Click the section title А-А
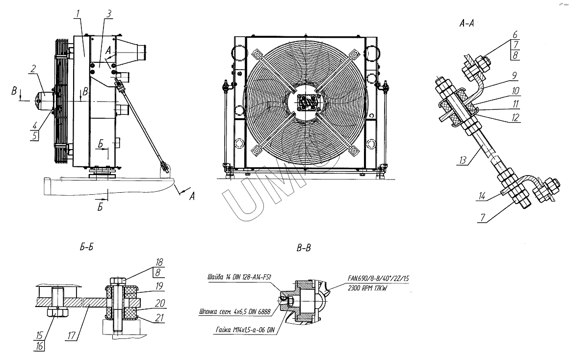[x=466, y=24]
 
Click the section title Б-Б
[x=86, y=248]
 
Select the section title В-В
[x=304, y=248]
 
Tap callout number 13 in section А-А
[x=463, y=160]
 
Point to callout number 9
[x=515, y=76]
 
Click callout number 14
[x=482, y=196]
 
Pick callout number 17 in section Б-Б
[x=72, y=335]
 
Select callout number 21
[x=159, y=318]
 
